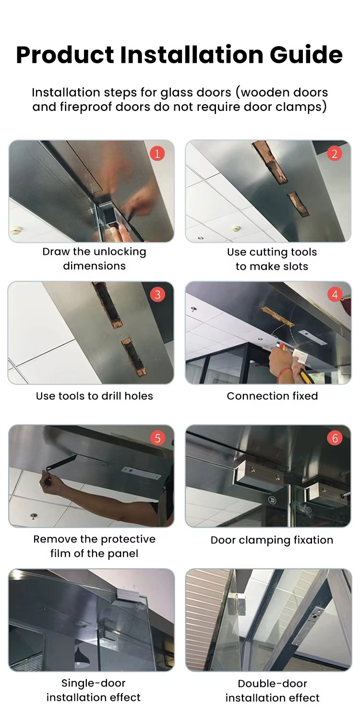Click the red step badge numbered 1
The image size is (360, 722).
tap(157, 154)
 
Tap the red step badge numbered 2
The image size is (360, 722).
tap(335, 154)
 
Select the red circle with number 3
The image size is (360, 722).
tap(157, 295)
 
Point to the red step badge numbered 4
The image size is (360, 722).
tap(335, 295)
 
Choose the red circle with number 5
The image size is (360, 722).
tap(157, 438)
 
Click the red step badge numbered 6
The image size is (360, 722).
tap(335, 438)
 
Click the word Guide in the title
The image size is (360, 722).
tap(306, 54)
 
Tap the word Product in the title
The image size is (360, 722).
tap(65, 54)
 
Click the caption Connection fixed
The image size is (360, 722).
tap(272, 396)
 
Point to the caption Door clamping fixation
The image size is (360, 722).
tap(272, 540)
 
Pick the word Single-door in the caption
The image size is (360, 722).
tap(94, 683)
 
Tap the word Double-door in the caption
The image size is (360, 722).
tap(272, 683)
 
